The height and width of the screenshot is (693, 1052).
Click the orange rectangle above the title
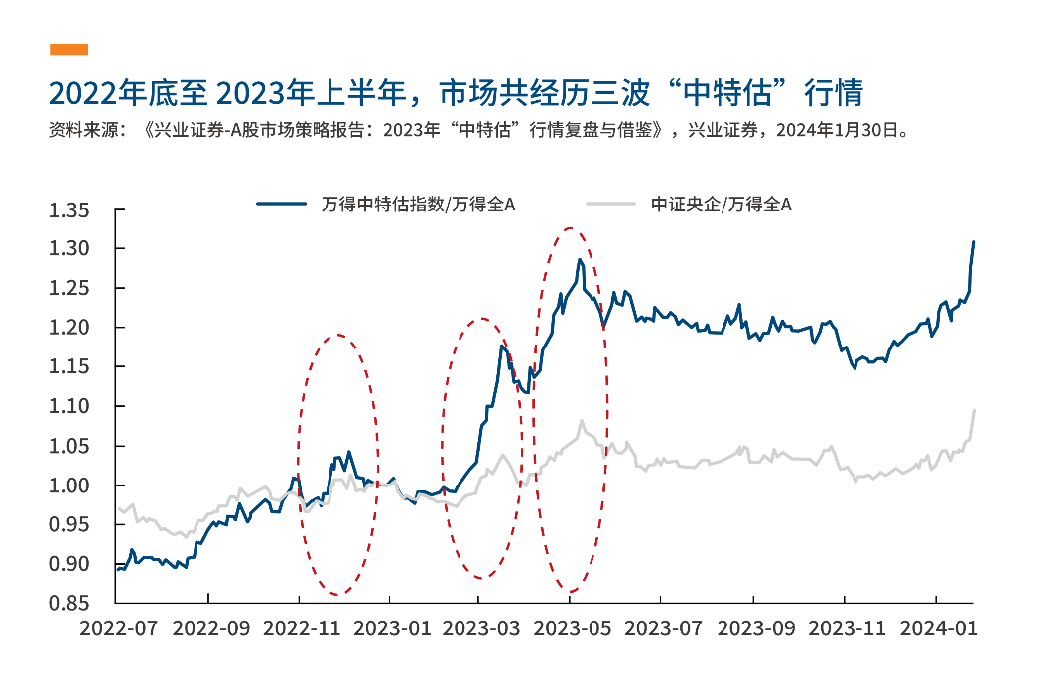point(68,49)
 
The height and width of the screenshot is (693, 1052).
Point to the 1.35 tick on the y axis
point(70,209)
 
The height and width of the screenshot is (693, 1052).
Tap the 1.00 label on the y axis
point(70,485)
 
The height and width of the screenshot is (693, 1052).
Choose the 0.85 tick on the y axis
point(70,604)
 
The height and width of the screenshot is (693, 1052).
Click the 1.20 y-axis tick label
point(70,328)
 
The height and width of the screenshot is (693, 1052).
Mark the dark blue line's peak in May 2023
point(580,259)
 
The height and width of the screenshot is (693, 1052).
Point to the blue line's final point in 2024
point(974,241)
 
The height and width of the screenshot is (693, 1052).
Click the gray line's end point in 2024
point(974,409)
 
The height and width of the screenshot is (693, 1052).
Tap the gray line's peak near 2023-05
point(581,420)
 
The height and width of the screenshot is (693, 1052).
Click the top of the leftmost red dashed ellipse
point(338,335)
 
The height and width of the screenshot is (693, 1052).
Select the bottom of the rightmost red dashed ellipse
point(571,592)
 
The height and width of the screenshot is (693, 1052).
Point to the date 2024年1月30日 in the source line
point(841,130)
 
